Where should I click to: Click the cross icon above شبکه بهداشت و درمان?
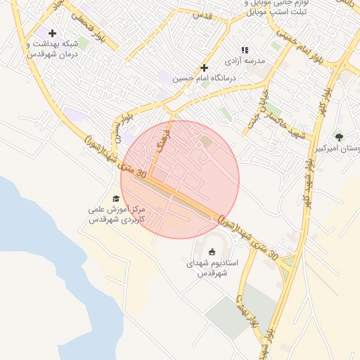coord(52,33)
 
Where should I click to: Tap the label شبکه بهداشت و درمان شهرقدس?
coord(52,49)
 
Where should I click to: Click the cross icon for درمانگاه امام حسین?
coord(205,67)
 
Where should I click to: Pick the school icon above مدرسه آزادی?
coord(245,50)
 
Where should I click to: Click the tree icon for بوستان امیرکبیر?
coord(340,137)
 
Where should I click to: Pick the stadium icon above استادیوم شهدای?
coord(213,252)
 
